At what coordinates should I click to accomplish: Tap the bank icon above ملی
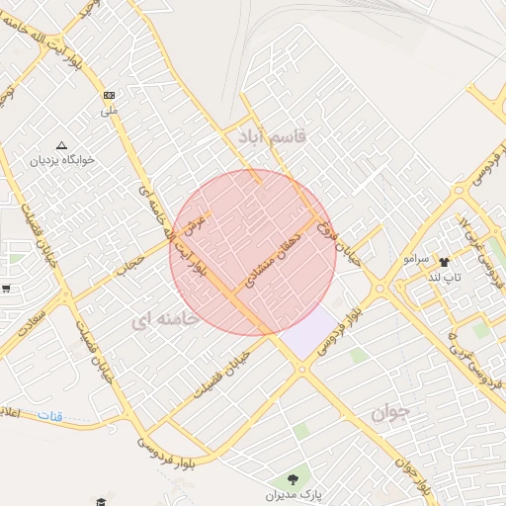coord(109,96)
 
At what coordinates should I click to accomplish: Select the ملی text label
coord(109,111)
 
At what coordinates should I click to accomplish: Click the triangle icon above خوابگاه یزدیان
coord(63,144)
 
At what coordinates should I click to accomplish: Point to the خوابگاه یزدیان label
coord(63,159)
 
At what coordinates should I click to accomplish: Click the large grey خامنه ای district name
coord(163,319)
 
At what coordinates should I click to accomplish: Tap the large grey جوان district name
coord(390,413)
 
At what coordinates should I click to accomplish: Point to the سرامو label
coord(416,258)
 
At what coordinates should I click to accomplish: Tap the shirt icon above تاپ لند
coord(443,262)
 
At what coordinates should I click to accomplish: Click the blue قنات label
coord(49,416)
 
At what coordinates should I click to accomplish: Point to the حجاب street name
coord(131,261)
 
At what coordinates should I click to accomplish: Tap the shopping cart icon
coord(6,289)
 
